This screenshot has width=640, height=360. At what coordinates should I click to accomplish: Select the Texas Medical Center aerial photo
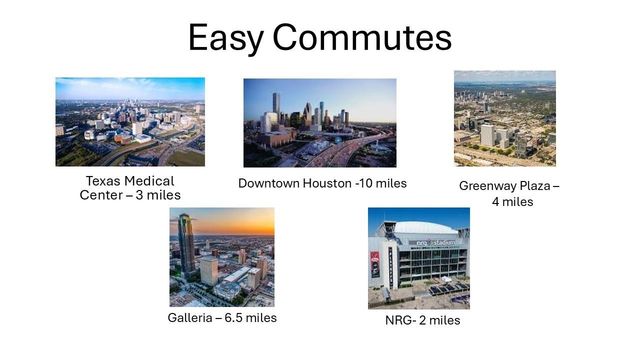pyautogui.click(x=130, y=122)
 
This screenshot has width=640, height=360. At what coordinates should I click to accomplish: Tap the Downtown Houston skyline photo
pyautogui.click(x=320, y=123)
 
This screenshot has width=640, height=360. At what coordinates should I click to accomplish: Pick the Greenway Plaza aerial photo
pyautogui.click(x=505, y=118)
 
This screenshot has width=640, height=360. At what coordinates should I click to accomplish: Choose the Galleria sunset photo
pyautogui.click(x=222, y=257)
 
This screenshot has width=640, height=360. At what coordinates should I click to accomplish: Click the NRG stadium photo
pyautogui.click(x=418, y=258)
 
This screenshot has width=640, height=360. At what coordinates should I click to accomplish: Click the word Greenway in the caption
pyautogui.click(x=490, y=186)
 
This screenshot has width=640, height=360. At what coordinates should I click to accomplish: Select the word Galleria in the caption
pyautogui.click(x=191, y=318)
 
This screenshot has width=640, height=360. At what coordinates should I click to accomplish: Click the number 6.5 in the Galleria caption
pyautogui.click(x=238, y=318)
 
